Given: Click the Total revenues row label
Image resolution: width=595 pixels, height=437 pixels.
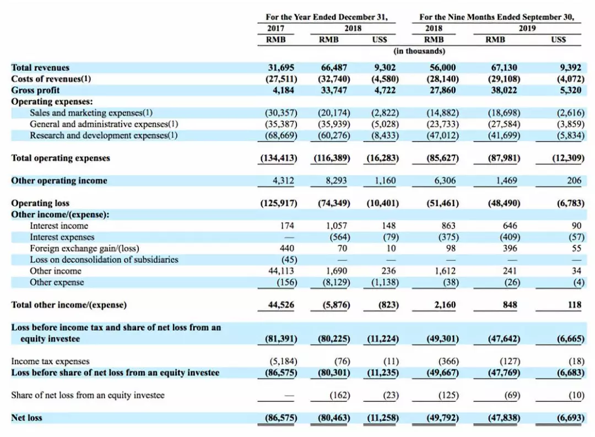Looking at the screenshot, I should coord(40,67).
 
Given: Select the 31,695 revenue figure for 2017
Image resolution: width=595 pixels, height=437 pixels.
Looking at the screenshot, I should coord(282,67).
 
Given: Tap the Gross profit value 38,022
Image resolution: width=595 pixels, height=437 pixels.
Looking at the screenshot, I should coord(504,90).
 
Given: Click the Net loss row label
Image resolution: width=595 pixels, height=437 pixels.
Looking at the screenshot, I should coord(26,418).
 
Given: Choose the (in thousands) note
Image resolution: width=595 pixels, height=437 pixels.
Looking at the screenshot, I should coord(420,51).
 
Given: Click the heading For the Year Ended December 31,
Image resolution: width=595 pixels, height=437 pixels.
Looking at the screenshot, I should coord(327,17).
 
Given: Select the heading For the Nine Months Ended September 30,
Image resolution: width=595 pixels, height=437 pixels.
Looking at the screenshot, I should coord(496,17).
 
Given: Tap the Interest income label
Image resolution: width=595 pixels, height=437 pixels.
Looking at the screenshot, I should coord(58,225).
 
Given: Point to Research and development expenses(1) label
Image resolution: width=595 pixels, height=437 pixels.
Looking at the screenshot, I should coord(104,135).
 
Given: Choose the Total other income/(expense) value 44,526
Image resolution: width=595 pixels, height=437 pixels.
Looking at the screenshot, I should coord(282,305).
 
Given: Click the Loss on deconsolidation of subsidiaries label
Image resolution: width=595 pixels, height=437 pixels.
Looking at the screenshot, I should coord(104,259).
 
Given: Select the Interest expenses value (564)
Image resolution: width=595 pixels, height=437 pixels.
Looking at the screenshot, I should coord(337,237).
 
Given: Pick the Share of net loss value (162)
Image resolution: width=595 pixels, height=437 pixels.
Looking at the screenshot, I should coord(337,395).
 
